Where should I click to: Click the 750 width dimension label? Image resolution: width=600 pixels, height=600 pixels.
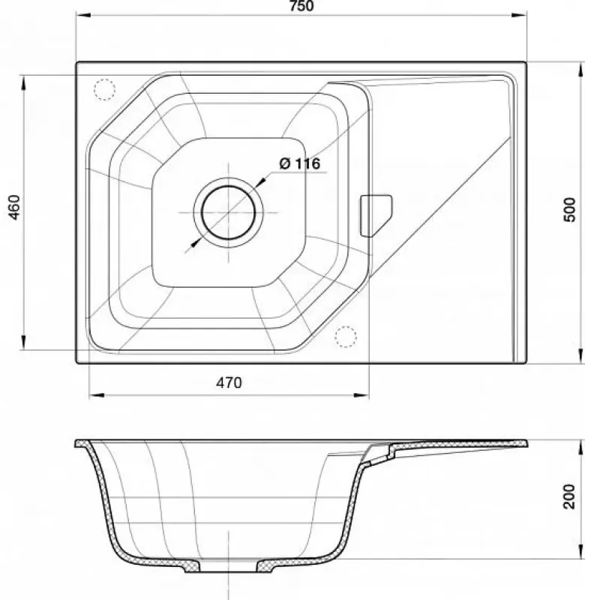pos(302,6)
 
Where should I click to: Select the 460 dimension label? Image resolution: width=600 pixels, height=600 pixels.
pos(14,207)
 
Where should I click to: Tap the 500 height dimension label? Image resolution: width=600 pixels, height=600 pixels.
pos(570,209)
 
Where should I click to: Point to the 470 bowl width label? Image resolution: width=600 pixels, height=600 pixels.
pos(229,382)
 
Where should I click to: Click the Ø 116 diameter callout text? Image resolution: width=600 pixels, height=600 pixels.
pos(300,163)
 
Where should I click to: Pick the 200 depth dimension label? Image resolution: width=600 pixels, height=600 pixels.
pos(569,496)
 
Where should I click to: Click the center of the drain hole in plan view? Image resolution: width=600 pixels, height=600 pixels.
pos(229,212)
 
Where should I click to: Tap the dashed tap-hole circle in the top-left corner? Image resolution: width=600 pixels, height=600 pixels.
pos(104,89)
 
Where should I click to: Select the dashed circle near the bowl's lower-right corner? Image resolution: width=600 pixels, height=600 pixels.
pos(346,337)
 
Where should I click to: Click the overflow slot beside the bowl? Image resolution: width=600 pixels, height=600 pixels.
pos(376,215)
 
